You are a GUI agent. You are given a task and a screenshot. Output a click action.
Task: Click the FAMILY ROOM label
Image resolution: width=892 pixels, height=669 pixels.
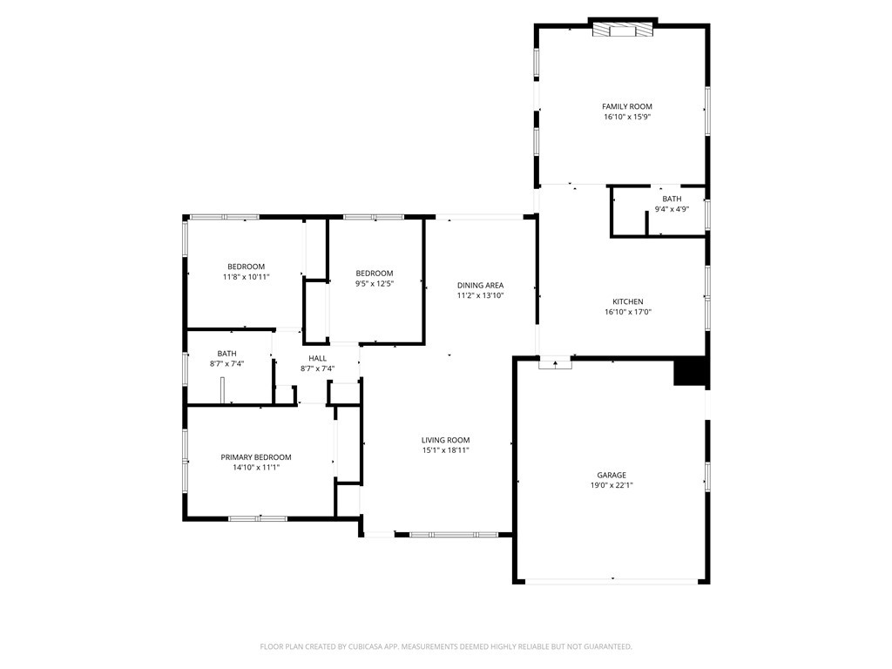[x=626, y=106]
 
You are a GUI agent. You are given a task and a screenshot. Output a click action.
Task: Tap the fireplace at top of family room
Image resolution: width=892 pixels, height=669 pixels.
[x=622, y=29]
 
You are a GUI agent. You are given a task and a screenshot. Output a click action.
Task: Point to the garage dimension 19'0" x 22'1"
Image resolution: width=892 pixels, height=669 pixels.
[x=612, y=486]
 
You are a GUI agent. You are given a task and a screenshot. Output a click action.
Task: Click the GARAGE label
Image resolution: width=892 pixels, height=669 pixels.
[x=612, y=475]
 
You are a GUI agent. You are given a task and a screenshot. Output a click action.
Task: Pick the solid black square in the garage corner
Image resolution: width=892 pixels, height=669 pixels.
[x=691, y=372]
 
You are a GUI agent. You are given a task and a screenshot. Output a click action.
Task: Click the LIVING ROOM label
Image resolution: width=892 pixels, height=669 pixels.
[x=445, y=440]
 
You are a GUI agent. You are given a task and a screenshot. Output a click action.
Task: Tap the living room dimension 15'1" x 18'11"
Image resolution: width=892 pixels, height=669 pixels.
[x=445, y=451]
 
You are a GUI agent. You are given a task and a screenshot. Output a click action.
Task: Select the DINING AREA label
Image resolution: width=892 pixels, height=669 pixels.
[x=480, y=285]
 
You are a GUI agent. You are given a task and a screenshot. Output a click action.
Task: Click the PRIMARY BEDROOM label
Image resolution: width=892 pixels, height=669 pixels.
[x=255, y=457]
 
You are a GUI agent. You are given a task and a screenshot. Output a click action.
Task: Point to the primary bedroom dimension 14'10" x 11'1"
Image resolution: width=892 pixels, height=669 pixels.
[x=255, y=468]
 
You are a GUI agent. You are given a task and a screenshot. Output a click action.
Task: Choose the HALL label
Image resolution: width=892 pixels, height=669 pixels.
[x=317, y=358]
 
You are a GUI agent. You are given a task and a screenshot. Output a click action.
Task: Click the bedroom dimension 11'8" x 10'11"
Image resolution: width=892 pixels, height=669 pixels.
[x=246, y=277]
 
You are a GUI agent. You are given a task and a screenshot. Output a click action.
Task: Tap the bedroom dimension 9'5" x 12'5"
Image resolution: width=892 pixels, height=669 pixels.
[x=374, y=283]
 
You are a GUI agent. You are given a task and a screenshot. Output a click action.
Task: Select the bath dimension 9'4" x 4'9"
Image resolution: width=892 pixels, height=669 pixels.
[x=672, y=209]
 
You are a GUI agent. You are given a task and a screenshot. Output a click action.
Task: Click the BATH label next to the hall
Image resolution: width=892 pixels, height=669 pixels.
[x=226, y=353]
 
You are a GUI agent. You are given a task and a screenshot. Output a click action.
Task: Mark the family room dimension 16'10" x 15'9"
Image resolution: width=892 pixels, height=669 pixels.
[x=626, y=117]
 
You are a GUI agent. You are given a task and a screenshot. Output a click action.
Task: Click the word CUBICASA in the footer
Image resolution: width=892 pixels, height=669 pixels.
[x=373, y=646]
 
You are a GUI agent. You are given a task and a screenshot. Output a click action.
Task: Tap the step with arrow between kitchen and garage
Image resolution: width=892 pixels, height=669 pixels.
[x=555, y=364]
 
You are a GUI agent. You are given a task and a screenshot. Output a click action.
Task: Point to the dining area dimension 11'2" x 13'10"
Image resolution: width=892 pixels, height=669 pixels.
[x=480, y=295]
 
